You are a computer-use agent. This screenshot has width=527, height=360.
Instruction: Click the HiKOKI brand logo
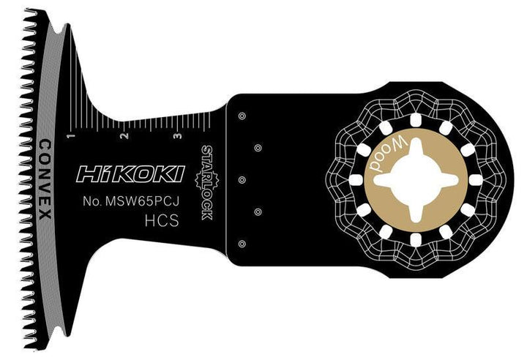click(130, 175)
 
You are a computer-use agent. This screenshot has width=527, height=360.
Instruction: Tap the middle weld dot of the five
click(241, 179)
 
